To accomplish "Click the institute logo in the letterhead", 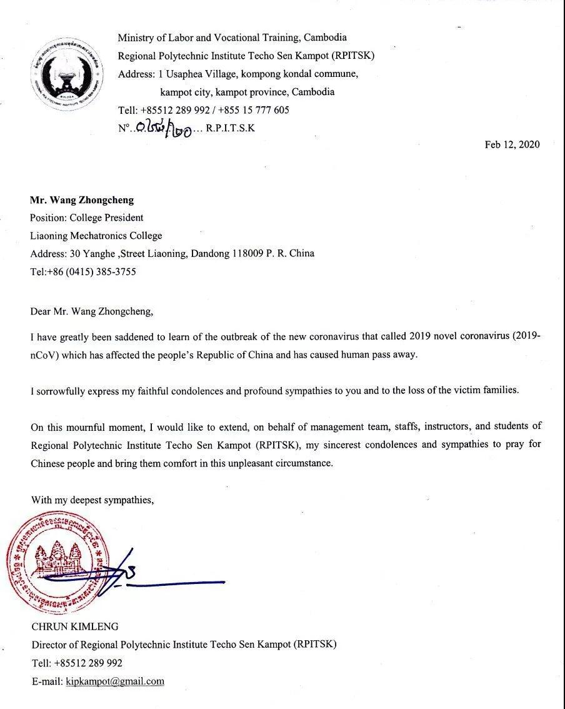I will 68,73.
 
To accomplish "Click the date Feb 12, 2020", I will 512,144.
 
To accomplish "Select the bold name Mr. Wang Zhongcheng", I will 82,201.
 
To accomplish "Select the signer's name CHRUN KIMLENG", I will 74,626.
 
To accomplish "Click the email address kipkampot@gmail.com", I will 115,681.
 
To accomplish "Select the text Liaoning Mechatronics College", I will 96,236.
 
